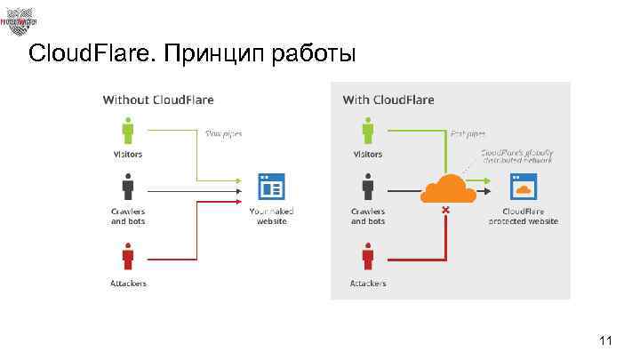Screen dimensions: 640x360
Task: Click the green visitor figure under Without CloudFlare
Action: tap(128, 131)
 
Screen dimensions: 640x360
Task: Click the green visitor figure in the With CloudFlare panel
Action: tap(368, 131)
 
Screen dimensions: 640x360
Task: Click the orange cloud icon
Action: tap(445, 188)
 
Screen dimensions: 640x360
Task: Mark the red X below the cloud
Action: tap(445, 211)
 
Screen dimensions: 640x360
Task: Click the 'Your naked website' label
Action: tap(271, 216)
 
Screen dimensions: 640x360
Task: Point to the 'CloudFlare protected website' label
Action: tap(523, 216)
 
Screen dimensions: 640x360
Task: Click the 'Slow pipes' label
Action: tap(223, 134)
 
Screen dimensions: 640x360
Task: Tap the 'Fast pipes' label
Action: tap(468, 134)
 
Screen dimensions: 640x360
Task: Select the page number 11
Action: tap(607, 340)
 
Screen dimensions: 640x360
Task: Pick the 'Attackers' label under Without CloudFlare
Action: tap(128, 284)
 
